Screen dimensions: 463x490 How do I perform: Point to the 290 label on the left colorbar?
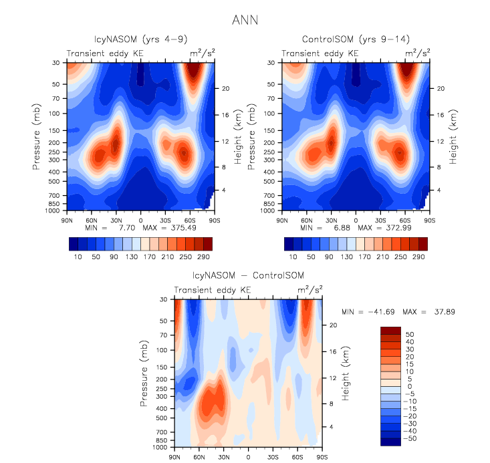click(205, 257)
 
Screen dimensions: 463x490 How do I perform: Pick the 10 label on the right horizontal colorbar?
click(292, 257)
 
